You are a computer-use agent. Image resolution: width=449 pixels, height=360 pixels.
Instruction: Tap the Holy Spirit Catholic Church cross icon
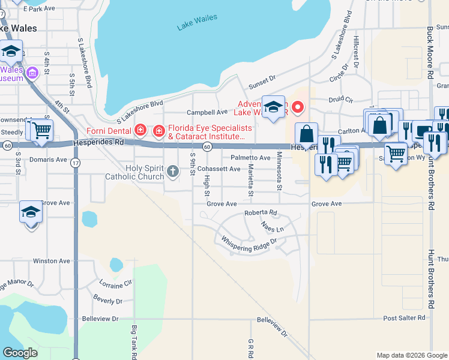(173, 172)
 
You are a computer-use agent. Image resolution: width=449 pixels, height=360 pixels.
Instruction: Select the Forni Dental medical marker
(140, 130)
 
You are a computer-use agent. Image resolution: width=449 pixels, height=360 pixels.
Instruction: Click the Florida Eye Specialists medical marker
(159, 130)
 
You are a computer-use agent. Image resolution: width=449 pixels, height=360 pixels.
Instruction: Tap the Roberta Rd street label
(260, 213)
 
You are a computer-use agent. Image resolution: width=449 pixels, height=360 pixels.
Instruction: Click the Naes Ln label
(273, 227)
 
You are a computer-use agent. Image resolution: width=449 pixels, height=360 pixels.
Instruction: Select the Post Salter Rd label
(404, 317)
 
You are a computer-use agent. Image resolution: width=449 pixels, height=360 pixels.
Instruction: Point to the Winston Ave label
(52, 261)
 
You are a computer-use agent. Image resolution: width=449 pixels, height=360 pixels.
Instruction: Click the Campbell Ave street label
(207, 112)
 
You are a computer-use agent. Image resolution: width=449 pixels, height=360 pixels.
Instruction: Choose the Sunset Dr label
(263, 78)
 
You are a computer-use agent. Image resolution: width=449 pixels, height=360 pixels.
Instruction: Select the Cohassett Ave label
(219, 169)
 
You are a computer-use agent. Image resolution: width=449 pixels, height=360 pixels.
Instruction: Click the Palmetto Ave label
(251, 158)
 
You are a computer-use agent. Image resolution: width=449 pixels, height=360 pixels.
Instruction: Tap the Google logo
(20, 353)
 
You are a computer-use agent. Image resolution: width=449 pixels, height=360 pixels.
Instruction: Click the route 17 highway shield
(75, 163)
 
